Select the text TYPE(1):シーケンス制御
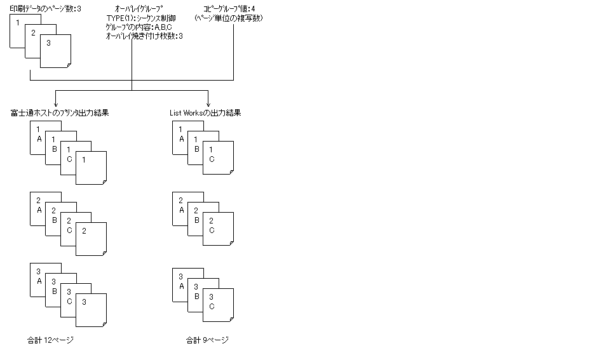(x=141, y=18)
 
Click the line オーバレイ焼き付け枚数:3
(x=144, y=37)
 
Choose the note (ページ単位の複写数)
(x=229, y=18)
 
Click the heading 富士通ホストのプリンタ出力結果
(x=59, y=113)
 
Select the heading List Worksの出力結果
(x=205, y=113)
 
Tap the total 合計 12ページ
(x=51, y=340)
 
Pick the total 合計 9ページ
(x=207, y=340)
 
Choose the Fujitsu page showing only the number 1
(x=91, y=168)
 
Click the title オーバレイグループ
(x=132, y=9)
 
